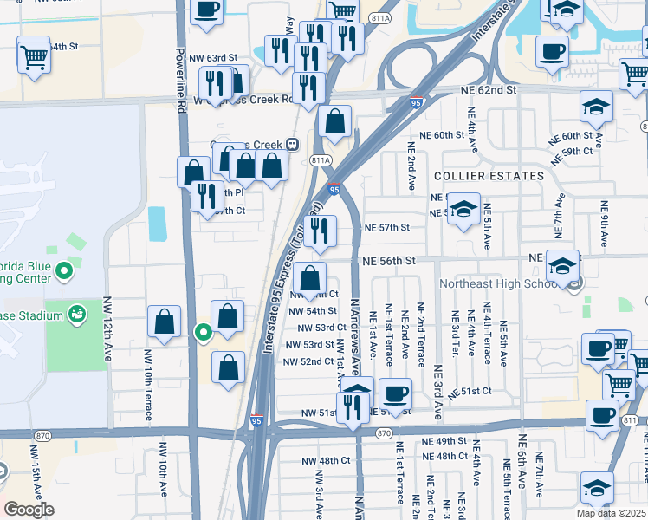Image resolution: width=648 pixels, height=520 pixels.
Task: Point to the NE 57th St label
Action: click(386, 227)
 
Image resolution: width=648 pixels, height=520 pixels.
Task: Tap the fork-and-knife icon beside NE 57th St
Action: click(320, 231)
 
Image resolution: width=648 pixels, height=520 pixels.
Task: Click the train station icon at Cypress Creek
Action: click(294, 144)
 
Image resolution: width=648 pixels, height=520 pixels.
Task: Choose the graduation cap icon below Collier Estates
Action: click(464, 210)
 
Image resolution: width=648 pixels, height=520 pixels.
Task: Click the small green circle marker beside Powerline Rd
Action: click(203, 331)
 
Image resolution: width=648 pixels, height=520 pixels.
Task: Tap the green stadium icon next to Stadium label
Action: click(76, 312)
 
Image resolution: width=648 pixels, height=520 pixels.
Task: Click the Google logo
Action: click(29, 510)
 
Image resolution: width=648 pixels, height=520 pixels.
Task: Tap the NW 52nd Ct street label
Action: click(308, 361)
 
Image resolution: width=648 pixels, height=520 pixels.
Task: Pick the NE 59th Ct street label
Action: click(577, 151)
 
